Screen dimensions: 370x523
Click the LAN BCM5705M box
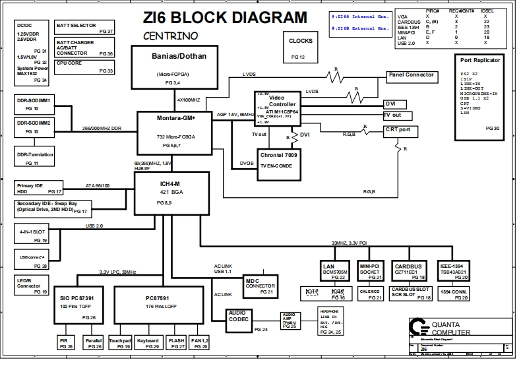pyautogui.click(x=333, y=271)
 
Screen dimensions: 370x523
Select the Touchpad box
pyautogui.click(x=119, y=343)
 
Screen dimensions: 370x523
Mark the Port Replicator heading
pyautogui.click(x=479, y=61)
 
